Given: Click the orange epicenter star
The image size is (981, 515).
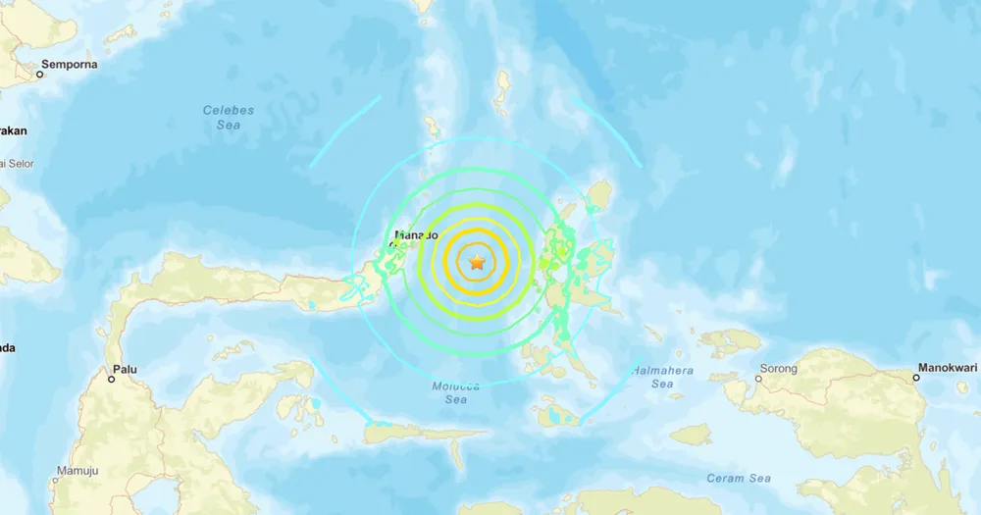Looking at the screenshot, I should click(477, 262).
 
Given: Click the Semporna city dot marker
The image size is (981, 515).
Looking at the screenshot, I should click(41, 74).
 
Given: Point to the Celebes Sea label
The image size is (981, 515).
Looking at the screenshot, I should click(229, 117).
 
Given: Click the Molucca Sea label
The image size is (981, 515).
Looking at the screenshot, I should click(456, 392).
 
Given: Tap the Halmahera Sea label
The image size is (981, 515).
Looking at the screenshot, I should click(662, 377).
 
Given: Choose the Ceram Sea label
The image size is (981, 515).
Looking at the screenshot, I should click(739, 478).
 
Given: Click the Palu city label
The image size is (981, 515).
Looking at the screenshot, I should click(125, 369).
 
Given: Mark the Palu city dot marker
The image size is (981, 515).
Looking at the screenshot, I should click(111, 379).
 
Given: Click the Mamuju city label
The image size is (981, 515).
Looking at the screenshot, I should click(77, 471).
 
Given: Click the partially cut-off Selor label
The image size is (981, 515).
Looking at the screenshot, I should click(18, 163).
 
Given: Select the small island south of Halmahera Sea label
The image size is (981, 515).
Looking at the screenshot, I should click(692, 434).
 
